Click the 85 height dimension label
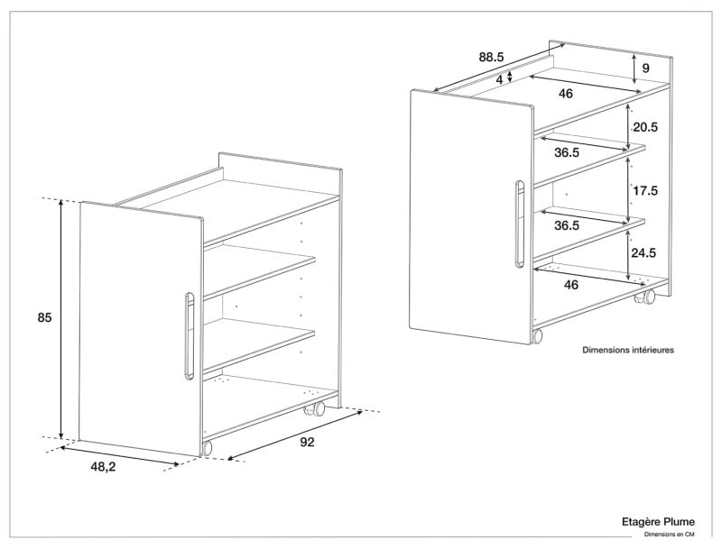pyautogui.click(x=44, y=317)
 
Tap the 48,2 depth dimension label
pyautogui.click(x=103, y=467)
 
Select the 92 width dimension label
pyautogui.click(x=307, y=442)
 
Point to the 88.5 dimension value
pyautogui.click(x=491, y=58)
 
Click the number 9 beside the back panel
pyautogui.click(x=645, y=68)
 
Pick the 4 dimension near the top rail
pyautogui.click(x=500, y=79)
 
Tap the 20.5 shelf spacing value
pyautogui.click(x=645, y=127)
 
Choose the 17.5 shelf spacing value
pyautogui.click(x=645, y=190)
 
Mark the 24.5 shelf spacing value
pyautogui.click(x=643, y=252)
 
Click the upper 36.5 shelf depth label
pyautogui.click(x=567, y=152)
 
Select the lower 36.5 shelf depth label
pyautogui.click(x=567, y=225)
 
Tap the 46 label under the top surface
pyautogui.click(x=566, y=94)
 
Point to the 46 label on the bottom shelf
pyautogui.click(x=571, y=285)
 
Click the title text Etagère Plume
pyautogui.click(x=658, y=522)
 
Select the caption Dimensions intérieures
pyautogui.click(x=628, y=350)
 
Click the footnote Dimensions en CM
pyautogui.click(x=669, y=535)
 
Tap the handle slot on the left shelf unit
pyautogui.click(x=190, y=335)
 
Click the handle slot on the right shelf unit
pyautogui.click(x=520, y=224)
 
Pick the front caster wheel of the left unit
pyautogui.click(x=207, y=448)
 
